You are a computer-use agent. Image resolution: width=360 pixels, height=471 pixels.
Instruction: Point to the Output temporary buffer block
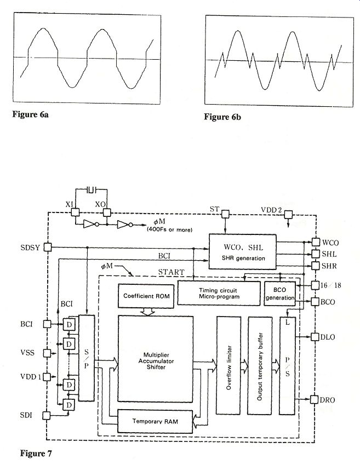click(260, 365)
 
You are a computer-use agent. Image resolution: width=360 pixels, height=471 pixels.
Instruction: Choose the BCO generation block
click(280, 295)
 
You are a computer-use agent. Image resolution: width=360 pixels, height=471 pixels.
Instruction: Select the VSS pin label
click(26, 353)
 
